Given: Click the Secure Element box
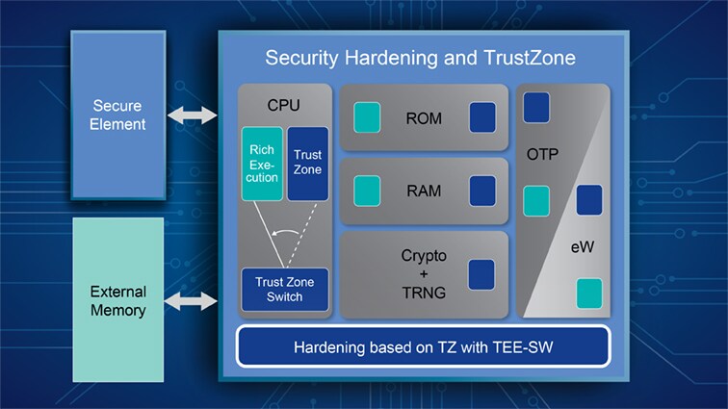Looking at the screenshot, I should coord(118,115).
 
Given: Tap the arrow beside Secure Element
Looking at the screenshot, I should coord(192,115).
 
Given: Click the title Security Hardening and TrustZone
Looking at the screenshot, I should coord(420,58).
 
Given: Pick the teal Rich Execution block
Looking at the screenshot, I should coord(262,164).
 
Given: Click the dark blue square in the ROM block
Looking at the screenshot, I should coord(482,117).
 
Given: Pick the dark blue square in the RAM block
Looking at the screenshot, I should coord(482,191).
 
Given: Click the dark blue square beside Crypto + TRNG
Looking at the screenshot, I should coord(481,274).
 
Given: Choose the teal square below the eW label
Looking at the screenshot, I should coord(588,293).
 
